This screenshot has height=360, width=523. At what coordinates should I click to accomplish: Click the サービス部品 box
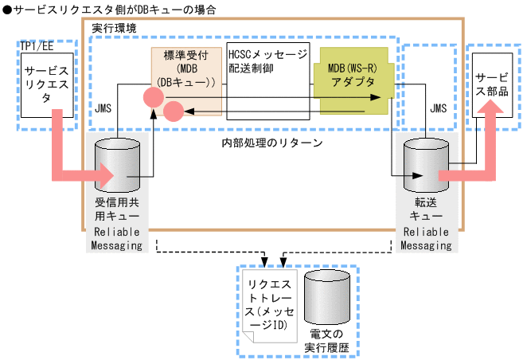tap(492, 85)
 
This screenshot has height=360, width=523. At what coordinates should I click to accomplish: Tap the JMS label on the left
tap(105, 106)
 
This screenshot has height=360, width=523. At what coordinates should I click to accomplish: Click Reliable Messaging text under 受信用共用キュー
tap(116, 238)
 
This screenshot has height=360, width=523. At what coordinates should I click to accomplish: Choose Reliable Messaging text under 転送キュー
tap(422, 238)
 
